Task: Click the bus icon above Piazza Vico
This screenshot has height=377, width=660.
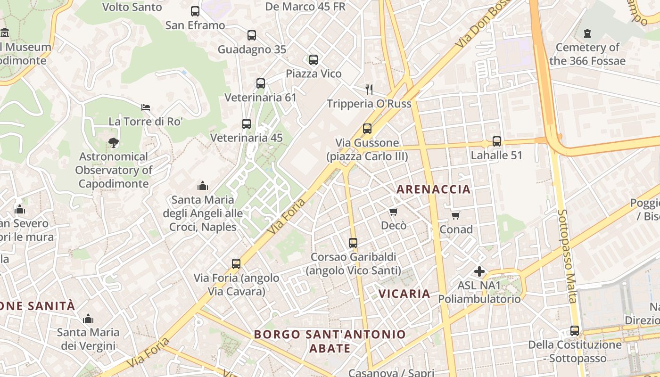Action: pos(313,60)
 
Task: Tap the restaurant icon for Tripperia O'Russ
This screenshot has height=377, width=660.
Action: pos(369,89)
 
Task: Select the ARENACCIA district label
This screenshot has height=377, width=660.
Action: pos(433,189)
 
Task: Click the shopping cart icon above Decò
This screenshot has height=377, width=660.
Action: pos(394,212)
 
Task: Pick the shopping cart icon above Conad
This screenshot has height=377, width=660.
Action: pos(456,215)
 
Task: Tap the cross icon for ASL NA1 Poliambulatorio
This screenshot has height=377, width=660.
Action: pos(479,271)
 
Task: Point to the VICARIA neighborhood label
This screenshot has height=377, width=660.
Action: pos(404,294)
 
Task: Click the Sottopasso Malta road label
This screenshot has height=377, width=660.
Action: pos(567,256)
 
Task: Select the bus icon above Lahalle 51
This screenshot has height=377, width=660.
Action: pos(497,141)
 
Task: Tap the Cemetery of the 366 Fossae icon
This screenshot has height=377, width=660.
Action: pos(587,33)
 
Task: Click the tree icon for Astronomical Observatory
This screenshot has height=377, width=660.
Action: pos(113,142)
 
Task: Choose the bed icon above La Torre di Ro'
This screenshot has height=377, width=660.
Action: pos(146,107)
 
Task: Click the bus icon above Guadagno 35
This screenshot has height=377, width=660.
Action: pos(252,35)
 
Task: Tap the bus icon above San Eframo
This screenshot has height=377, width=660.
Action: pos(195,11)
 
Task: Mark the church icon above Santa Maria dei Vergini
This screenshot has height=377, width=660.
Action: pos(88,319)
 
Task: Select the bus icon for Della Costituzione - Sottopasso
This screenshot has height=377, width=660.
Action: pos(575,331)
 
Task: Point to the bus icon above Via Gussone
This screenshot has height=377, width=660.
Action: pos(367,128)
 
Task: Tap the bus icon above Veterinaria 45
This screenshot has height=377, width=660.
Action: pos(247,124)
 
